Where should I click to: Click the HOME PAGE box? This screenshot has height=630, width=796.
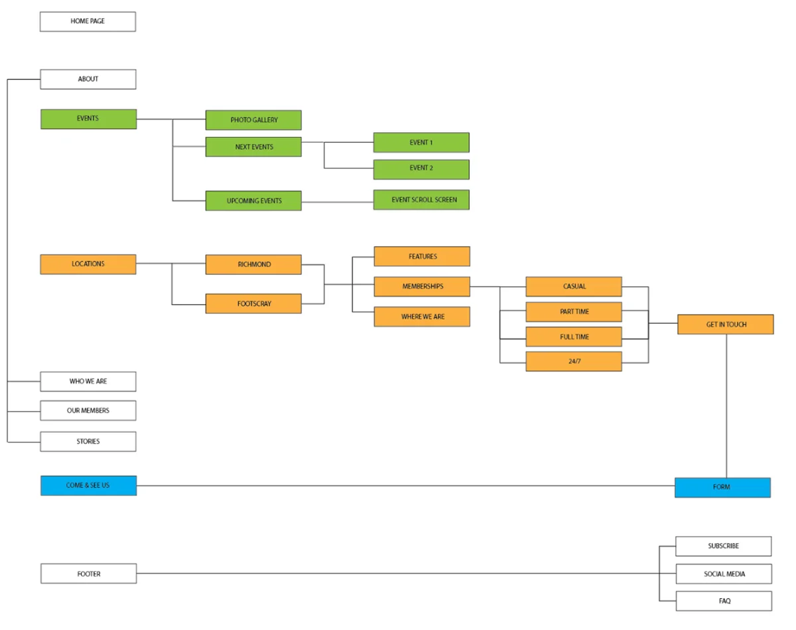tap(88, 21)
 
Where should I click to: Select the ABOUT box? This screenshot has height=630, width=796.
tap(88, 79)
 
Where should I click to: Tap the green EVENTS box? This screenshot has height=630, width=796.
tap(88, 119)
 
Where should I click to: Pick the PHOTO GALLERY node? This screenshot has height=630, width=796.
tap(253, 120)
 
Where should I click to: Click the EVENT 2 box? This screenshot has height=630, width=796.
tap(421, 169)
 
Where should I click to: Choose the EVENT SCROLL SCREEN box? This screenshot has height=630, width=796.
tap(421, 200)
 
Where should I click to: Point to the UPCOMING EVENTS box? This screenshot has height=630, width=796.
tap(253, 200)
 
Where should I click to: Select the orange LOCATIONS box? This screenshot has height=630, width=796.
tap(88, 264)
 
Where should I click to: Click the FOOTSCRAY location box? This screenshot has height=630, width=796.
tap(253, 304)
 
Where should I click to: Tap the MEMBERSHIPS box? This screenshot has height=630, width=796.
tap(422, 287)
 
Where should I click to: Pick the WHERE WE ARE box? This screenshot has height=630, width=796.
tap(422, 317)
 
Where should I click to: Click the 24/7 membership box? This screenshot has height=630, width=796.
tap(574, 362)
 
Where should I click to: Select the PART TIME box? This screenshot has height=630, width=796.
tap(574, 312)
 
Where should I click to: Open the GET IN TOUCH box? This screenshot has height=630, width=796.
tap(725, 325)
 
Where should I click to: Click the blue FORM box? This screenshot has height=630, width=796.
tap(722, 487)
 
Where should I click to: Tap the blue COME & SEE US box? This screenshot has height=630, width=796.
tap(88, 485)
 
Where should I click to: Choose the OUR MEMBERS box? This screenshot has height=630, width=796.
tap(88, 410)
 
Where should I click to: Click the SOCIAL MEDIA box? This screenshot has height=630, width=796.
tap(724, 574)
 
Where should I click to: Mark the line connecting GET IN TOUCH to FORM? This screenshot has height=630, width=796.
tap(726, 405)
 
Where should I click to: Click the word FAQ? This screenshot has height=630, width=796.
tap(724, 601)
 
